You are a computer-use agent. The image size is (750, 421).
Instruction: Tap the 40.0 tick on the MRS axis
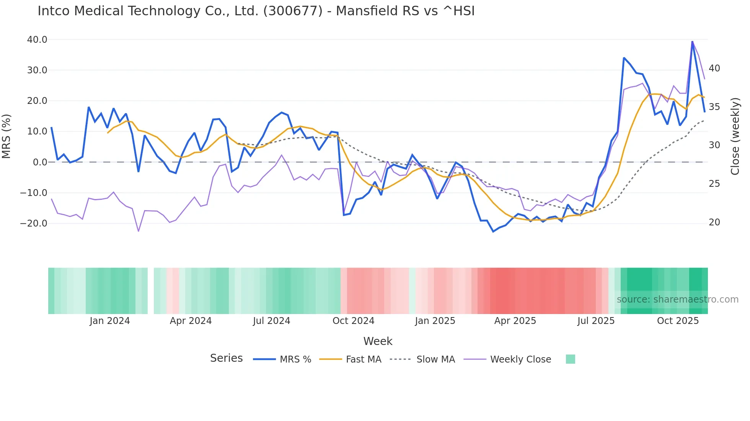click(37, 40)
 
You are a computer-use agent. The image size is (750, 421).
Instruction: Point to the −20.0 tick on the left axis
click(34, 223)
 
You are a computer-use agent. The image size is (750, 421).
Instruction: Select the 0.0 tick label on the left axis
click(40, 162)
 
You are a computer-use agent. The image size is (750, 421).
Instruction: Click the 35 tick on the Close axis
click(714, 107)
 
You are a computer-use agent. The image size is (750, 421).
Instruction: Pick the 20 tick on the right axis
click(714, 222)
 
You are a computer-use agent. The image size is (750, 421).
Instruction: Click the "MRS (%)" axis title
click(7, 136)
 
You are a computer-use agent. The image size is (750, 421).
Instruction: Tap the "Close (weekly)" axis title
click(735, 136)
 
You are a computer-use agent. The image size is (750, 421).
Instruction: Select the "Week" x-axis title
click(378, 341)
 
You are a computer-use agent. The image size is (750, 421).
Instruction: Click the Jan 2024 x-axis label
click(110, 321)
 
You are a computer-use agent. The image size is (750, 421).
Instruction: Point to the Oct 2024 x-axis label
click(353, 321)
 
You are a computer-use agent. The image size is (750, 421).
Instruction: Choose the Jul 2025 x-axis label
click(596, 321)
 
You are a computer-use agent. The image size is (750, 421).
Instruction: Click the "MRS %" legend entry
click(295, 359)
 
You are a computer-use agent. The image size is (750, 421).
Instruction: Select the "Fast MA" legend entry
click(364, 359)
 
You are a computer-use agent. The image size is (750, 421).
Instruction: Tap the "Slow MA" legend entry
click(435, 359)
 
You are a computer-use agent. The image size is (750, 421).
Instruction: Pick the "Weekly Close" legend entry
click(520, 359)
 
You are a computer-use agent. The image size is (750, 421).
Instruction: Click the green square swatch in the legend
click(570, 359)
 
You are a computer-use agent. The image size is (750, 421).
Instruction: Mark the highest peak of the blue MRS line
click(692, 41)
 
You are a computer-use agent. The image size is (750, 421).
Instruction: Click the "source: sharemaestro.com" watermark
click(677, 300)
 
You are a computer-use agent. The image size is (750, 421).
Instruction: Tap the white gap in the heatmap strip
click(151, 291)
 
